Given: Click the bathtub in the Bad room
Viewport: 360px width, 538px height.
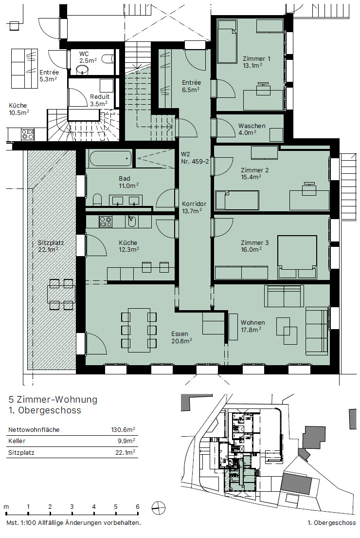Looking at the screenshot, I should click(110, 158).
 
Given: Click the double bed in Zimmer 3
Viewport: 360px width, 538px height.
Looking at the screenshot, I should click(296, 257).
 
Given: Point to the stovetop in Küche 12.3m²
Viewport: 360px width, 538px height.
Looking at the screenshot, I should click(106, 222).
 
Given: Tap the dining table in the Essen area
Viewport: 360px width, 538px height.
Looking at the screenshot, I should click(139, 330).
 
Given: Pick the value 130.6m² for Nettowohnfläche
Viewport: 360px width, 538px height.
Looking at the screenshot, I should click(123, 430).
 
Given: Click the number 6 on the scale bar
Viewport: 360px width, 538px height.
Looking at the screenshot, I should click(138, 506).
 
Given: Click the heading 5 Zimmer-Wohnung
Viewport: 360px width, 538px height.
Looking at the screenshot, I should click(53, 400).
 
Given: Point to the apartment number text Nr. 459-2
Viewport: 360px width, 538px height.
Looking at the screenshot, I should click(195, 161).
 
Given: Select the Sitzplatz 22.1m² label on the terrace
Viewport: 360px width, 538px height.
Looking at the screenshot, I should click(52, 246).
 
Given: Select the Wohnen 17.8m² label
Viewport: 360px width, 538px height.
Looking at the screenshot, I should click(253, 326).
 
